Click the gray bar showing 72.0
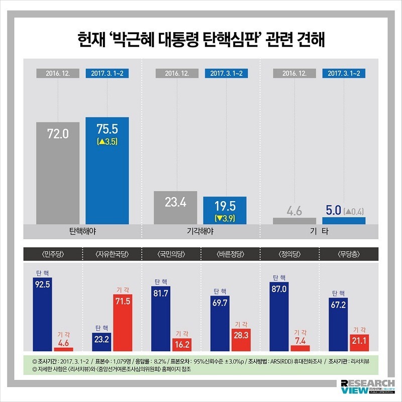58,173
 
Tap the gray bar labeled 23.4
175,208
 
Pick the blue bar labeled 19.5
225,210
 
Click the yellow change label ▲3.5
107,142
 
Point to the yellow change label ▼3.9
225,218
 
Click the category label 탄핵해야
82,232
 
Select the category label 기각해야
200,232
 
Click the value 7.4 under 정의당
300,341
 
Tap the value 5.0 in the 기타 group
333,211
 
